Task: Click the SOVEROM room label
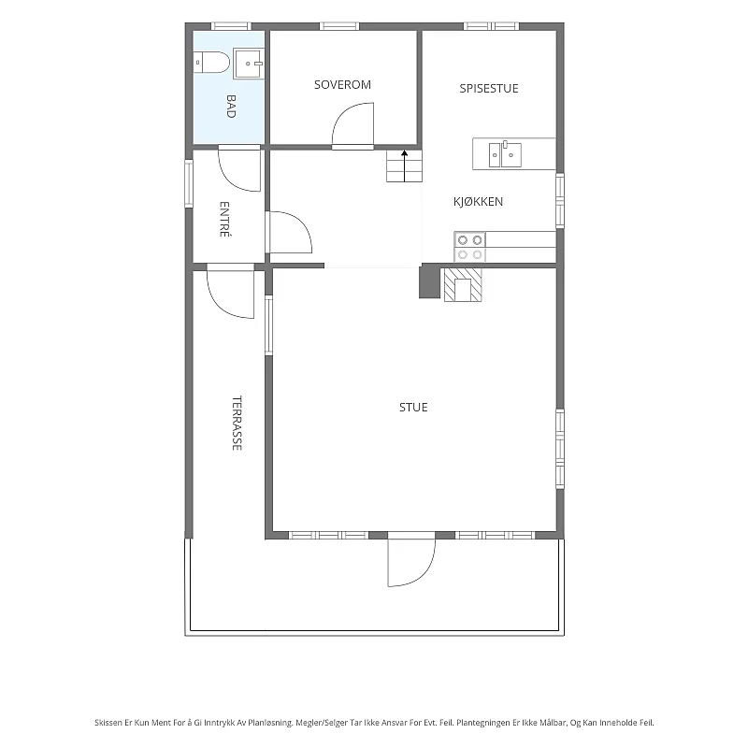pos(342,85)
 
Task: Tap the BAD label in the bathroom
pos(231,106)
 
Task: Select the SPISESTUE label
pos(488,88)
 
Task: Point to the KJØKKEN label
pos(478,201)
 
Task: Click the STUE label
pos(413,407)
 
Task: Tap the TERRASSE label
pos(237,423)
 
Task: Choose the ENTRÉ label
pos(224,219)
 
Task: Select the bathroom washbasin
pos(248,64)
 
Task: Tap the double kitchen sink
pos(505,154)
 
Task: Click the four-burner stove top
pos(469,247)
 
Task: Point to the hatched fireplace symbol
pos(463,285)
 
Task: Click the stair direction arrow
pos(405,166)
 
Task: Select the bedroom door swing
pos(352,125)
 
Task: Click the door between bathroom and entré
pos(239,169)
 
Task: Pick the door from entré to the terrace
pos(230,291)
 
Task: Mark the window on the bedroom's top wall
pos(339,26)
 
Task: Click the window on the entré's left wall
pos(189,183)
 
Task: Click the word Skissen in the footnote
pos(108,723)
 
